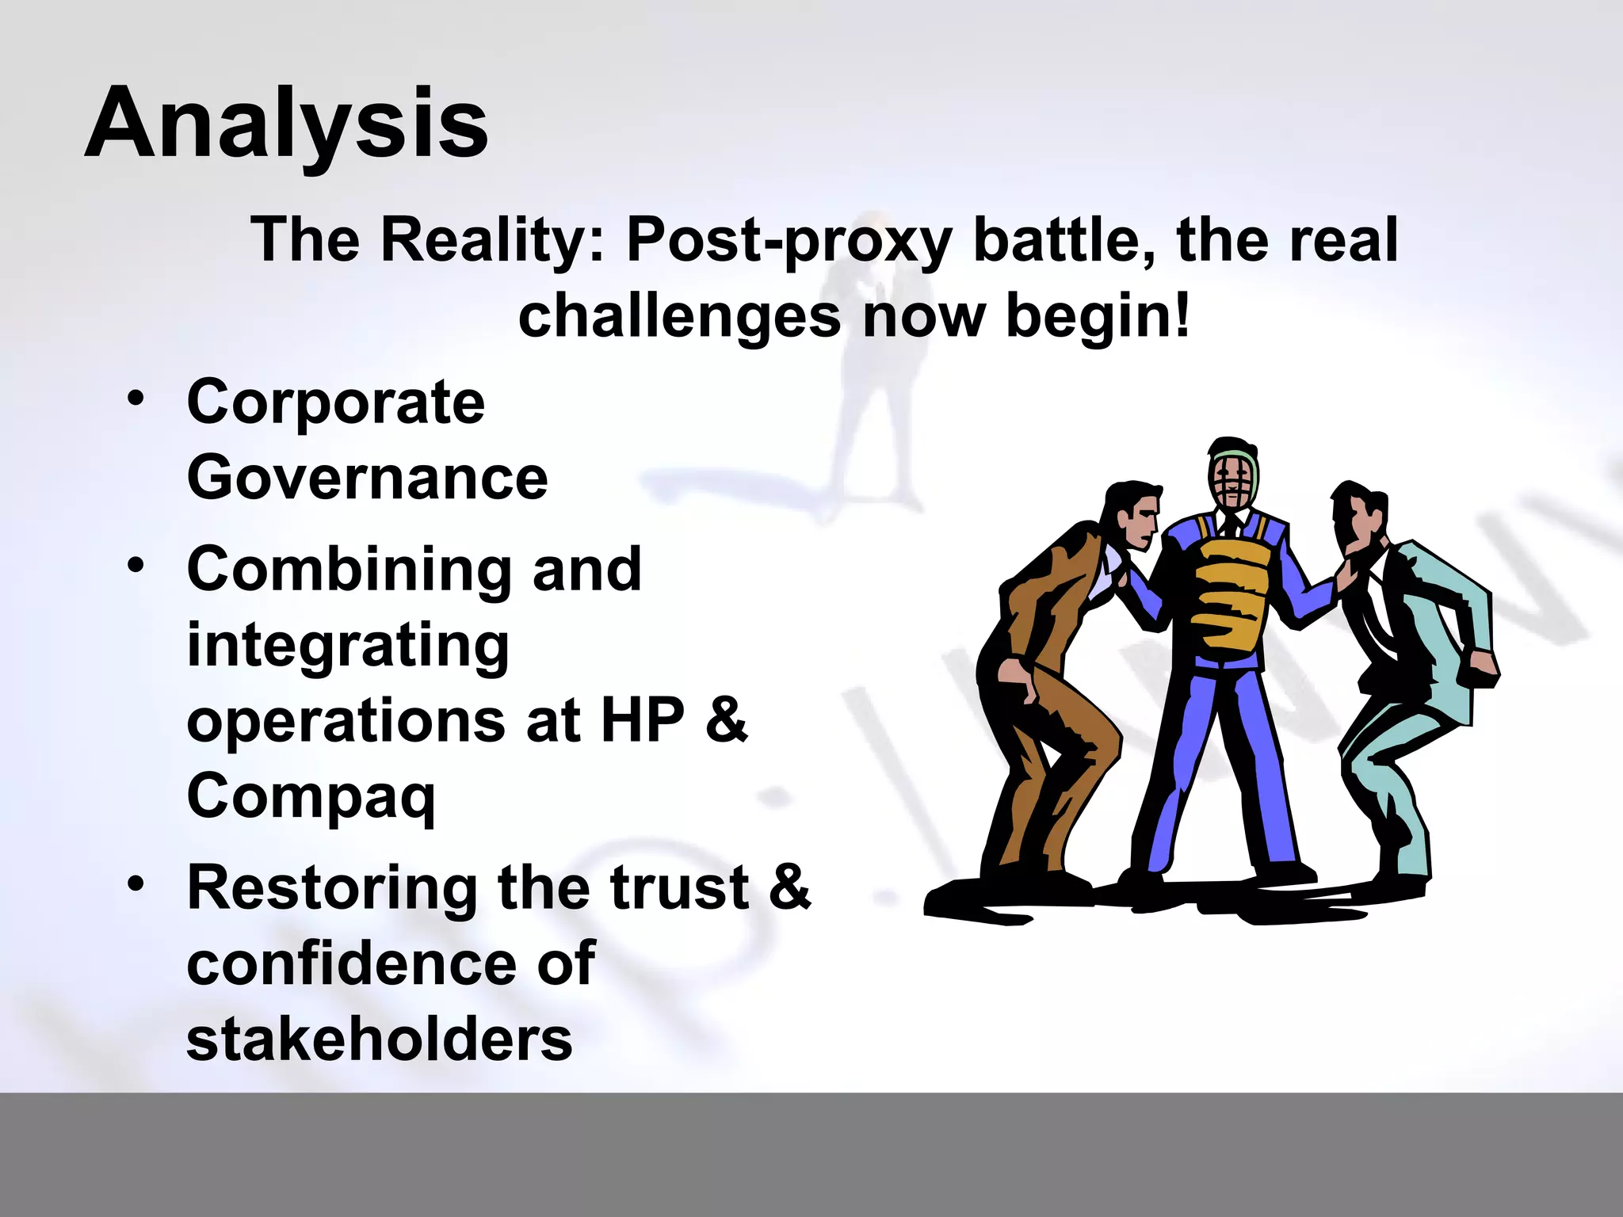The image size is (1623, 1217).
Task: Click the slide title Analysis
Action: (286, 124)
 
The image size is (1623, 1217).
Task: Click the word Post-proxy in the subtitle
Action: (789, 240)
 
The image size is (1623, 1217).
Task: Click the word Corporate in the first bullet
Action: (335, 402)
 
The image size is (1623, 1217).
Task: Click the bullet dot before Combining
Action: (136, 566)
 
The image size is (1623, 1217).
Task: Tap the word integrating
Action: (348, 646)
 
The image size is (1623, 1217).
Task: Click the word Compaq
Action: (311, 797)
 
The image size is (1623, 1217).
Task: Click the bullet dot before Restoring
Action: (136, 883)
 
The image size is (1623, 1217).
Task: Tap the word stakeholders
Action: (379, 1040)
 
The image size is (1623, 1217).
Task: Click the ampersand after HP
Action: (726, 720)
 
